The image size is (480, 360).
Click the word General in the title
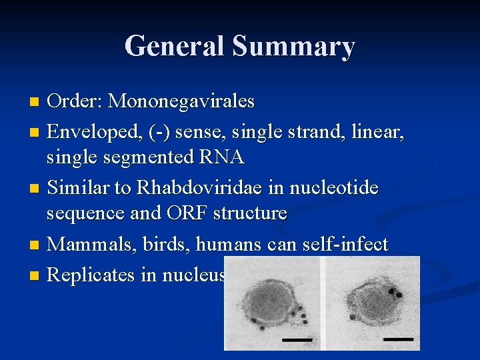click(175, 47)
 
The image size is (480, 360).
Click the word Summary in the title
click(293, 47)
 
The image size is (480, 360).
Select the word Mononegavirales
click(181, 101)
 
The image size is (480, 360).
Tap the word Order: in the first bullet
click(75, 101)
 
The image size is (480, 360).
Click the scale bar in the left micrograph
click(297, 339)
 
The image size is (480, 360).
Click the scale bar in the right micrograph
click(397, 339)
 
